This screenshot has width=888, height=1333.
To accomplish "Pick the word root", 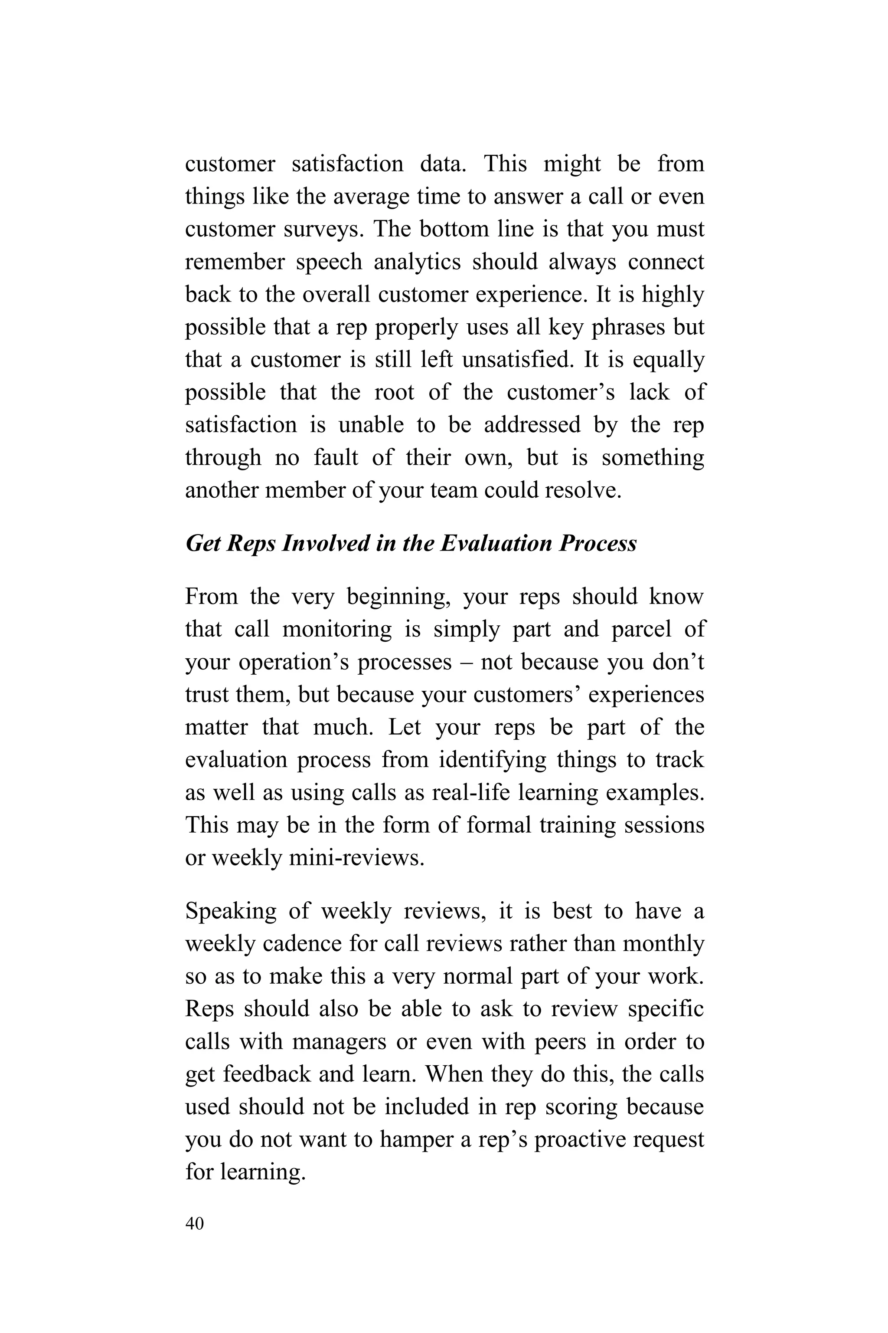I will [394, 393].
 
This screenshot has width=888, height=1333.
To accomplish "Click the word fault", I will [336, 458].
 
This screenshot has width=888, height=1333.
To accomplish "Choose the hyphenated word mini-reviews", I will [356, 858].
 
